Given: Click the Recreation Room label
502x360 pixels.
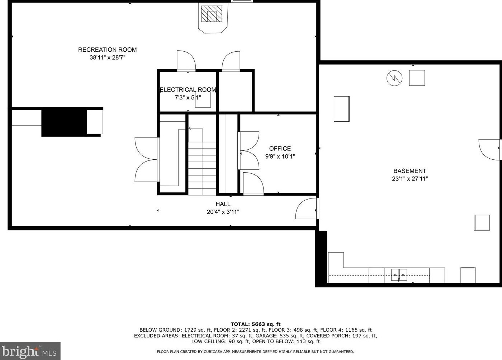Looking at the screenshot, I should point(107,50).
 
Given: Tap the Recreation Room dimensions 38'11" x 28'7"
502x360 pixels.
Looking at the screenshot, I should point(107,57).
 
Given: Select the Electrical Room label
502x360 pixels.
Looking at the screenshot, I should point(188,90).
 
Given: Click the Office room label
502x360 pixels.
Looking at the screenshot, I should point(280,148).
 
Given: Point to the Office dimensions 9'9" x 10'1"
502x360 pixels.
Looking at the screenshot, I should point(280,156).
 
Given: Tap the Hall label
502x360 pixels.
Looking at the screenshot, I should point(223,204).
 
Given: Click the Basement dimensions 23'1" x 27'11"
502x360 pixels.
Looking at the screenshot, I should point(409,179).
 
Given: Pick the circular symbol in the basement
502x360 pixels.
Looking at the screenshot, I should point(394,78).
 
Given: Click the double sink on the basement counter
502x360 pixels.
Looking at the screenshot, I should point(399,275).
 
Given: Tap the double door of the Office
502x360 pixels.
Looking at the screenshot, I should point(249,151).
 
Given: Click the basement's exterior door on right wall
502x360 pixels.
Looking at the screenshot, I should point(489,149).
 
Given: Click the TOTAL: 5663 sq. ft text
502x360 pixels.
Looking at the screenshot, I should point(255,324).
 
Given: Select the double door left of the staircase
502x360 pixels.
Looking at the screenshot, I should point(146,159).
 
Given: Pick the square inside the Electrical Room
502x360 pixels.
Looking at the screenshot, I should point(203,100).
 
